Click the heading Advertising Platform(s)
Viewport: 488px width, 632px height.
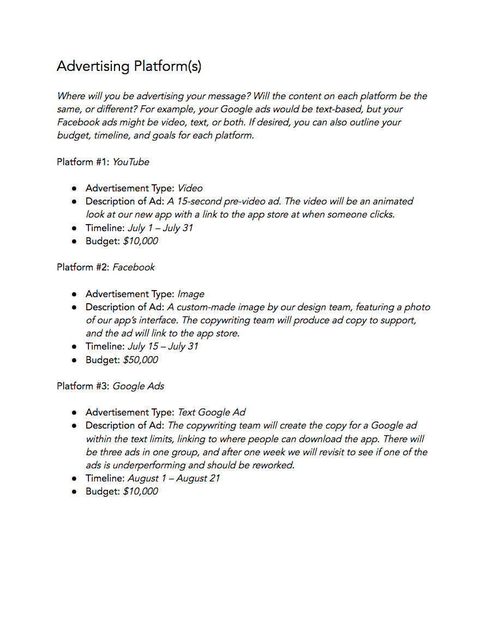(x=129, y=67)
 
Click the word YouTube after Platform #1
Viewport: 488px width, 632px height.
(x=131, y=162)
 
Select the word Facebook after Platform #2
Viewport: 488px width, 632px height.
(x=134, y=267)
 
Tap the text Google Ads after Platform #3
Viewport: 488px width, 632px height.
(x=138, y=386)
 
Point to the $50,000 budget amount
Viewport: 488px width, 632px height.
(x=141, y=360)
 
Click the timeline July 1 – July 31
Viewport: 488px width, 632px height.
(x=160, y=228)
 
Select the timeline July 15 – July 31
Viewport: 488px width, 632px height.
(x=163, y=346)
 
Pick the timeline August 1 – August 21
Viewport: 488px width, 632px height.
(x=174, y=478)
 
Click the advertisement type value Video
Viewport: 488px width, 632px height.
(x=190, y=188)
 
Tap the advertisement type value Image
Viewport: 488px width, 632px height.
(x=191, y=294)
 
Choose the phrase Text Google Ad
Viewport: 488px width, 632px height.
(x=212, y=412)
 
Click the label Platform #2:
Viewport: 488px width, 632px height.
(x=83, y=267)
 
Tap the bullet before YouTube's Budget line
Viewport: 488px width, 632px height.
(x=74, y=242)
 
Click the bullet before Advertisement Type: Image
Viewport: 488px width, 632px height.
(x=74, y=294)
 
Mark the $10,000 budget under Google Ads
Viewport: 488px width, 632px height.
(x=141, y=491)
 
